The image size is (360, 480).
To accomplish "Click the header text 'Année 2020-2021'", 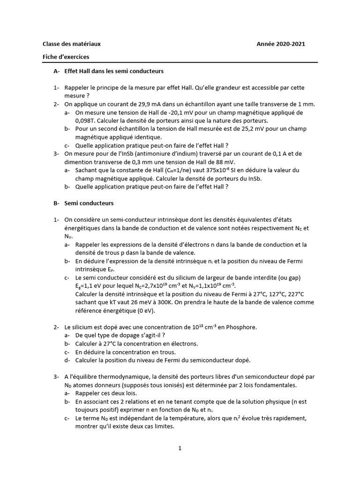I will (x=281, y=44).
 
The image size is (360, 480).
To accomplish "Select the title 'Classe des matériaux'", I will (x=72, y=44).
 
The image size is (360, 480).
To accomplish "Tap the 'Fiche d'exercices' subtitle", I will (x=66, y=57).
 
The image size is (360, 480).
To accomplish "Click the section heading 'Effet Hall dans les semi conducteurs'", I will (x=114, y=71).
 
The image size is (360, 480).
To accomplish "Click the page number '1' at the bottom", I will (x=180, y=448).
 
